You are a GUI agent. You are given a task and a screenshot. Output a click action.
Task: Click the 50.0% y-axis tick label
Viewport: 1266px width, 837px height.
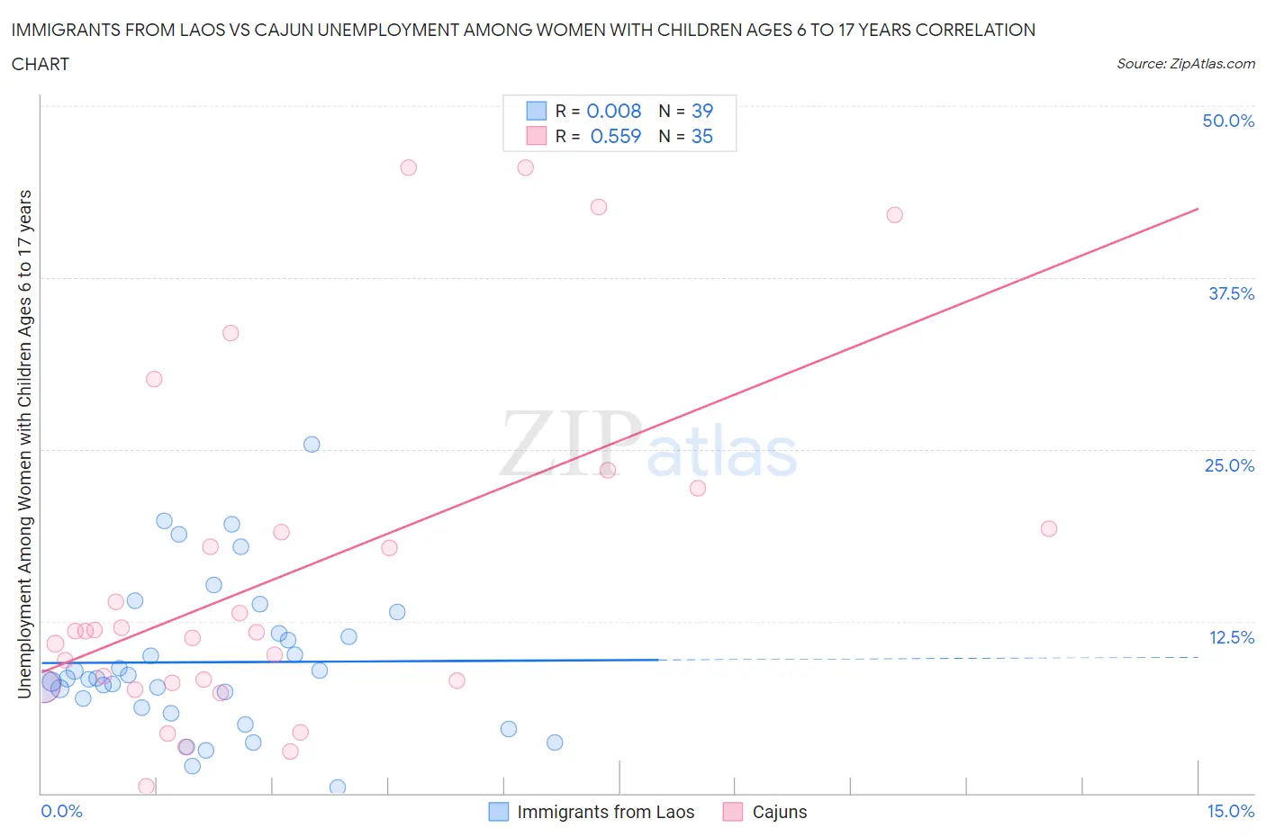[1228, 121]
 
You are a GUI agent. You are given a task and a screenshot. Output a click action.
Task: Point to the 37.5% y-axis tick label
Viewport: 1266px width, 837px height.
[1231, 293]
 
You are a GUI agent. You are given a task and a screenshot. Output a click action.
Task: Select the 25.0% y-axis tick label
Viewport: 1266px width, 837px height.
[1229, 465]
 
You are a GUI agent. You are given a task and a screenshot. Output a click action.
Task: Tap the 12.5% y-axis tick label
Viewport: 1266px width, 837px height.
[1231, 637]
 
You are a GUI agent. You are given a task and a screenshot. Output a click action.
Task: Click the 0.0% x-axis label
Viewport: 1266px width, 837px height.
[61, 811]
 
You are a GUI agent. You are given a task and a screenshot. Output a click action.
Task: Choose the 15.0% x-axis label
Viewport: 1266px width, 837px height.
[1230, 811]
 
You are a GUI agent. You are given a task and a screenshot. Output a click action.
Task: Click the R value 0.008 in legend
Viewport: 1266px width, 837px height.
[613, 111]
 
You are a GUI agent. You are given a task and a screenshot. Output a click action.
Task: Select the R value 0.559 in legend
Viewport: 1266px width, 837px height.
[615, 136]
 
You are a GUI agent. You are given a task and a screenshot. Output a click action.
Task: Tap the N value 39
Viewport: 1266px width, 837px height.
[701, 111]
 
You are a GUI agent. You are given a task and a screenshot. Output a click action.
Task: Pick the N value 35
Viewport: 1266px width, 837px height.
[701, 136]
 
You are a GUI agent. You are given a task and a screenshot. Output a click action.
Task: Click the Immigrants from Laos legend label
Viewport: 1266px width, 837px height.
[605, 812]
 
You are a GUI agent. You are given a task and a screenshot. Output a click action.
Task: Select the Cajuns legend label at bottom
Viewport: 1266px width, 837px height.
[779, 812]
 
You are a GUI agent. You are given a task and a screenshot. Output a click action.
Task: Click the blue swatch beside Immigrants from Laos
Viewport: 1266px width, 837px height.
[499, 812]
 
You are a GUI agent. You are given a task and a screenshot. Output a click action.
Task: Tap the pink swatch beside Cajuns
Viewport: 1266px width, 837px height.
[733, 812]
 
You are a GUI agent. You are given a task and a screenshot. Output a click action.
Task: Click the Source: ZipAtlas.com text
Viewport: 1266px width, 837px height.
[1185, 64]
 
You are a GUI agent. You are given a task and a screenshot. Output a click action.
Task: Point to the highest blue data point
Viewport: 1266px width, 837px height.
[312, 444]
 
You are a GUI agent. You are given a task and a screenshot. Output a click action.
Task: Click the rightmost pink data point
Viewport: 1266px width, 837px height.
[1048, 528]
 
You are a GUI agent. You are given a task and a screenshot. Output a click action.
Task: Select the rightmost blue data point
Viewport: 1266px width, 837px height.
[555, 742]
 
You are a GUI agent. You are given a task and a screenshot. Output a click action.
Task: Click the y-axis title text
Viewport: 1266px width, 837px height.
[25, 444]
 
